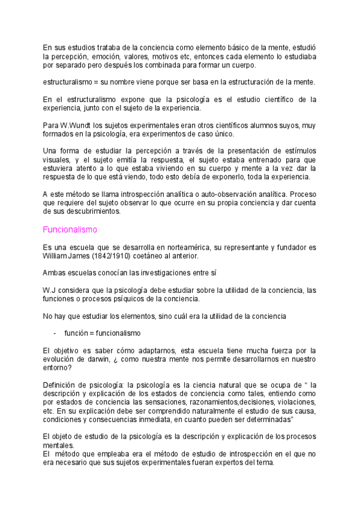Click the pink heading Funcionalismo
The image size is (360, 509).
tap(70, 229)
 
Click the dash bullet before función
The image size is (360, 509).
tap(55, 333)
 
